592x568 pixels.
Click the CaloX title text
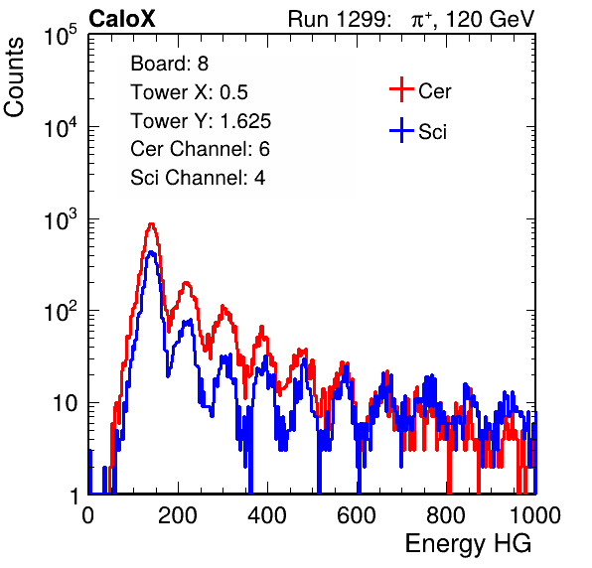pyautogui.click(x=122, y=19)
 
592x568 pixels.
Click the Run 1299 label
pyautogui.click(x=339, y=19)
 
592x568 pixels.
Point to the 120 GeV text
pyautogui.click(x=490, y=19)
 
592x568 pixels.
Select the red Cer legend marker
pyautogui.click(x=401, y=89)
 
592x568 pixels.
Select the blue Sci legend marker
pyautogui.click(x=401, y=130)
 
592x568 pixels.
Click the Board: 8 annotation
pyautogui.click(x=169, y=64)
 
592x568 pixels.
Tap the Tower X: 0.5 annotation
pyautogui.click(x=189, y=92)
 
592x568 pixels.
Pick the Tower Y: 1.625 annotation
pyautogui.click(x=201, y=121)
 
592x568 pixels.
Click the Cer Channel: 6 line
pyautogui.click(x=200, y=149)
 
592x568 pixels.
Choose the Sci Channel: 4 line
pyautogui.click(x=198, y=178)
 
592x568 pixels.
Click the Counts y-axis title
pyautogui.click(x=14, y=77)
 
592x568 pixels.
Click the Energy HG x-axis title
pyautogui.click(x=468, y=544)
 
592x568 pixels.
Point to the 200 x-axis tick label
pyautogui.click(x=178, y=515)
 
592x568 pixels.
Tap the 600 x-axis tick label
pyautogui.click(x=357, y=515)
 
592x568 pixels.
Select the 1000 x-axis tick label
pyautogui.click(x=535, y=515)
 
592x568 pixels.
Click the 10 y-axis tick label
pyautogui.click(x=66, y=403)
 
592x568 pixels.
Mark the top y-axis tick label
pyautogui.click(x=61, y=36)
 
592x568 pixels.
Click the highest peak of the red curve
pyautogui.click(x=151, y=223)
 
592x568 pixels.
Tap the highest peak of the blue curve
pyautogui.click(x=151, y=252)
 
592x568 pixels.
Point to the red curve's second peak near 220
pyautogui.click(x=186, y=283)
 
